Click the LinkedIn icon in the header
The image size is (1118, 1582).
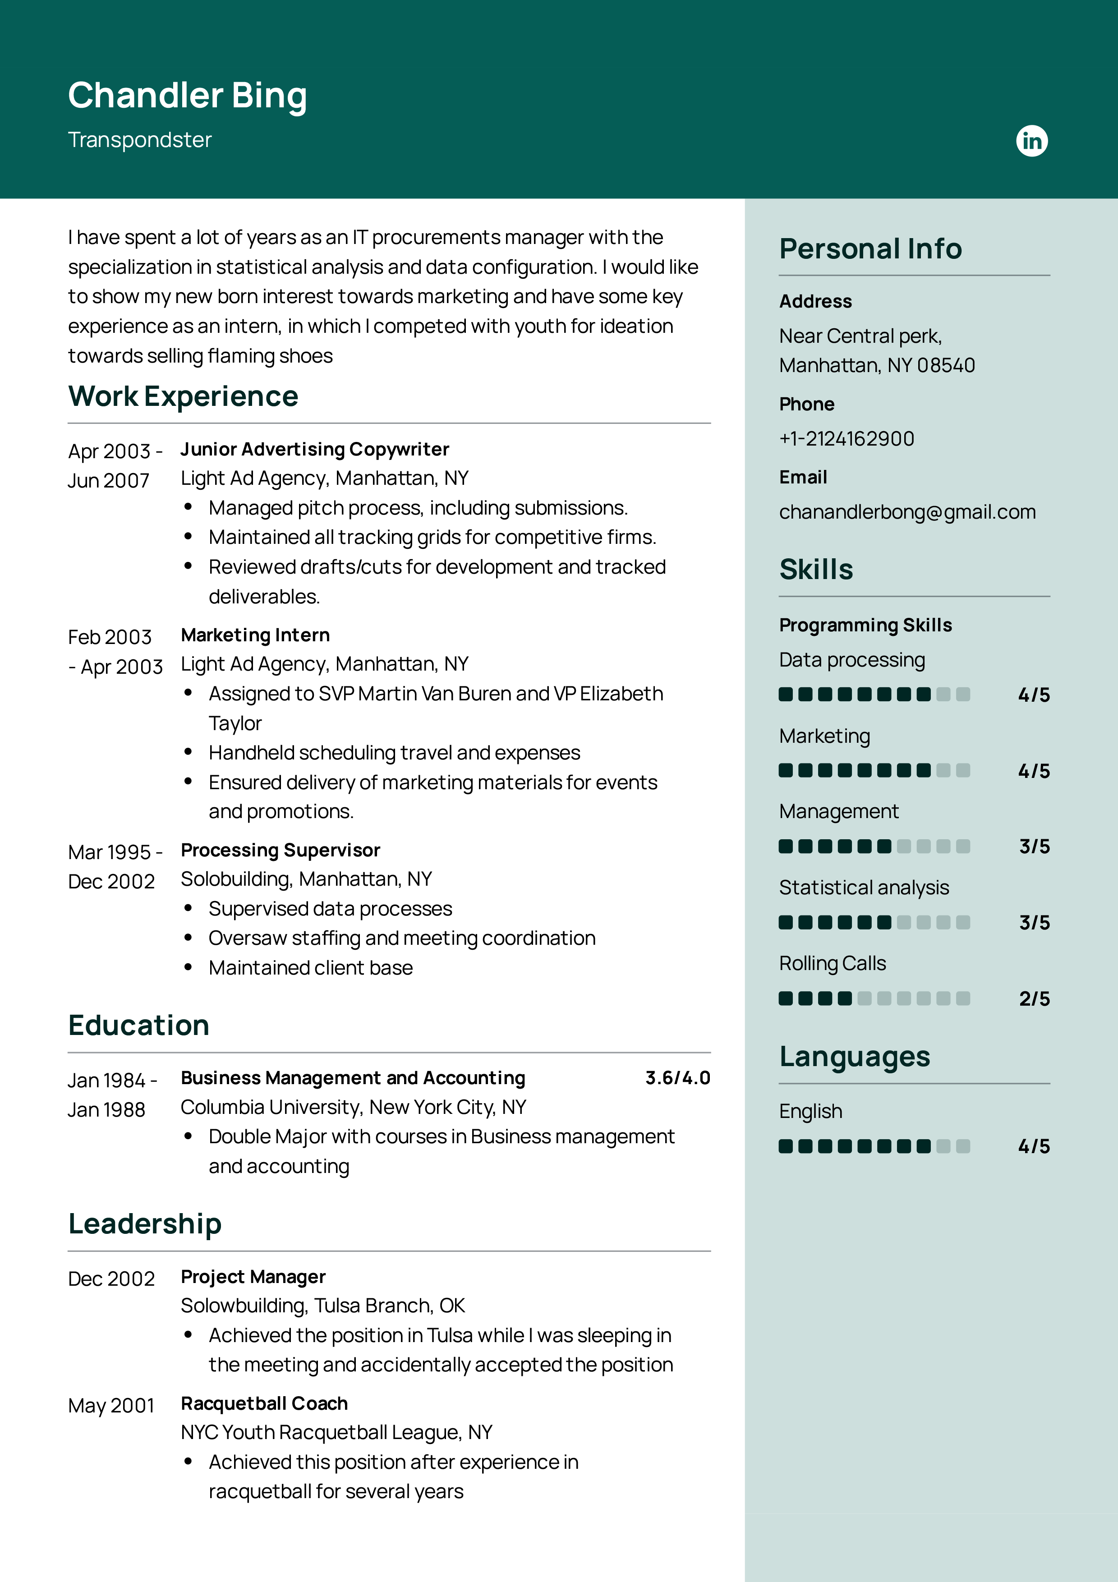[1031, 141]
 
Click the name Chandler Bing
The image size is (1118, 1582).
[187, 95]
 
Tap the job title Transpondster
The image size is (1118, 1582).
[140, 140]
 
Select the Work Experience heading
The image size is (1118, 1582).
[183, 397]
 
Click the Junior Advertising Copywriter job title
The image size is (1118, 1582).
[315, 449]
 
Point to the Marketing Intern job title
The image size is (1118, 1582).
[256, 635]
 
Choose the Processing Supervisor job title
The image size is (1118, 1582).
[281, 850]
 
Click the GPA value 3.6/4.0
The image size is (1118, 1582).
[677, 1078]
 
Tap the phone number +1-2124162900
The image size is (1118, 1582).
[847, 439]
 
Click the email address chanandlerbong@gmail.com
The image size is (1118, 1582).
[907, 512]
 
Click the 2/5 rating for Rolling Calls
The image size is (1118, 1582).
[1034, 998]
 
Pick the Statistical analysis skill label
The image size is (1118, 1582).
[864, 888]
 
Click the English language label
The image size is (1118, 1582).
[811, 1111]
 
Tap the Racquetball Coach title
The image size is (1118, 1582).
[265, 1403]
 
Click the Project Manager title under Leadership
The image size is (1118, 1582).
[253, 1277]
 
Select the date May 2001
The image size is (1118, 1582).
[111, 1406]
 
